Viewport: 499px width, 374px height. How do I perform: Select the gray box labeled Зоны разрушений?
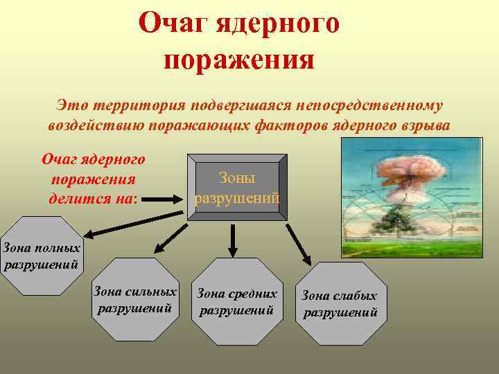coord(237,188)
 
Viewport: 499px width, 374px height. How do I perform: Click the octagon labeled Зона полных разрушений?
coord(42,255)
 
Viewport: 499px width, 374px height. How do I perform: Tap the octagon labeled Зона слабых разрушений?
coord(340,303)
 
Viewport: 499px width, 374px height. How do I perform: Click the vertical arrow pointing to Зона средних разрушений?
coord(234,238)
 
